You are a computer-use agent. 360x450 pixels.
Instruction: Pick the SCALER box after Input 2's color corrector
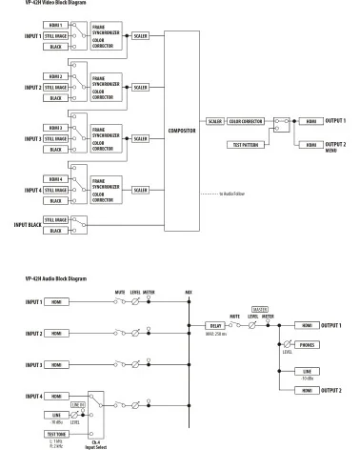(x=139, y=86)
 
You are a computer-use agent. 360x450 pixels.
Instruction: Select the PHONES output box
(x=306, y=344)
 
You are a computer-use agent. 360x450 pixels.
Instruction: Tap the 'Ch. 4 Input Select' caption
(x=96, y=441)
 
